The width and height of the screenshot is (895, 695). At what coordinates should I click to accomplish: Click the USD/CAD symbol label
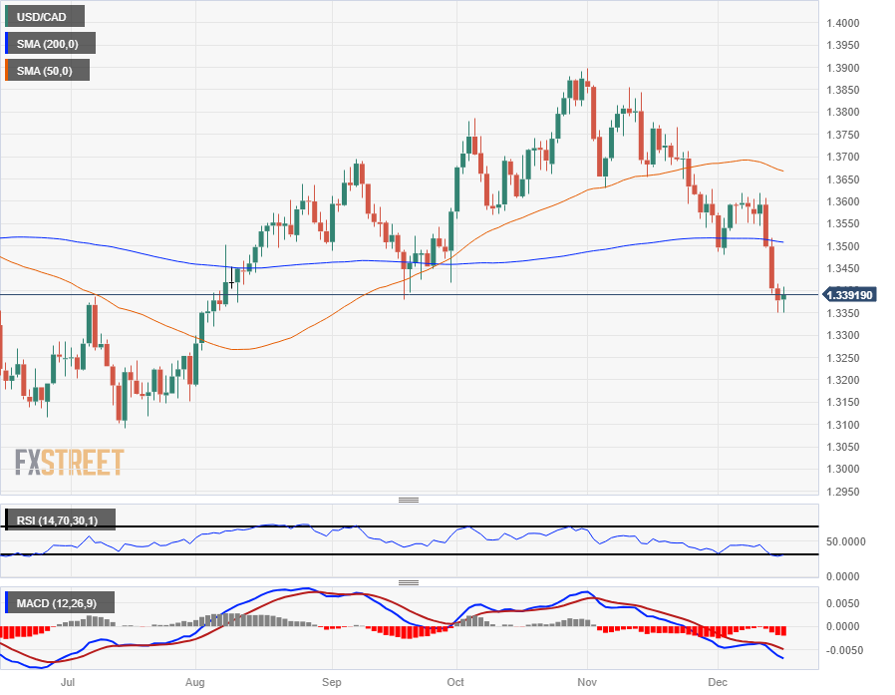click(x=44, y=16)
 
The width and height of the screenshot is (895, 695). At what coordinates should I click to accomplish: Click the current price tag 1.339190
click(x=854, y=295)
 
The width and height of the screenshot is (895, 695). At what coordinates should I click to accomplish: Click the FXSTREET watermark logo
click(x=70, y=463)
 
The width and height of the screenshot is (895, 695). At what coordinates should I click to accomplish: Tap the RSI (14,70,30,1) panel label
click(x=59, y=520)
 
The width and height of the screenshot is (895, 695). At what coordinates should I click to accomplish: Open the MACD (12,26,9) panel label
click(x=59, y=602)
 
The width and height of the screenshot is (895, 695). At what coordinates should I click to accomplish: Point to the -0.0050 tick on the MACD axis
click(x=847, y=650)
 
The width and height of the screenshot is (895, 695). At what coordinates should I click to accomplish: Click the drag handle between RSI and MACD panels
click(x=409, y=582)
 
